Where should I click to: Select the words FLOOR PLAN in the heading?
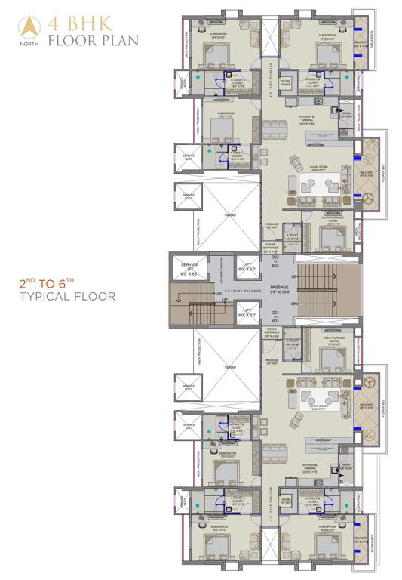[92, 39]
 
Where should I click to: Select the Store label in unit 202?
[285, 84]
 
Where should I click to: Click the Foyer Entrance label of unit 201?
[272, 333]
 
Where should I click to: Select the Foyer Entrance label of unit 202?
[272, 247]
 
